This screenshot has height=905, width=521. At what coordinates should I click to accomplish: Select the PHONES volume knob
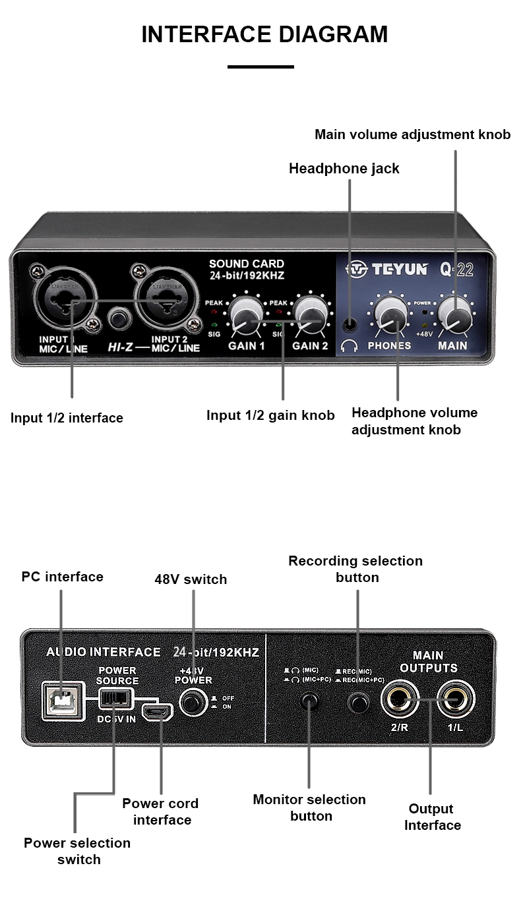390,314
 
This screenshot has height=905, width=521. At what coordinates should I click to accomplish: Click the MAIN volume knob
455,314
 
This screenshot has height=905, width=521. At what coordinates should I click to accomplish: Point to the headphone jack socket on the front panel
350,324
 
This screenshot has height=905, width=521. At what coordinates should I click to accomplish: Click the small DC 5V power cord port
158,712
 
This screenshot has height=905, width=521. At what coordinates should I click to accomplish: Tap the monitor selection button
309,701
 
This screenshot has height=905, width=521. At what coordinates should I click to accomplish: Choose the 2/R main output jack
400,699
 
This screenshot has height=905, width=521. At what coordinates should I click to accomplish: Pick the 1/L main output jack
456,699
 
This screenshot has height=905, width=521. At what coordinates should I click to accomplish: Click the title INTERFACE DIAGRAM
264,34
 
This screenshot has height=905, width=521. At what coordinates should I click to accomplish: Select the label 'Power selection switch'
77,851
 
